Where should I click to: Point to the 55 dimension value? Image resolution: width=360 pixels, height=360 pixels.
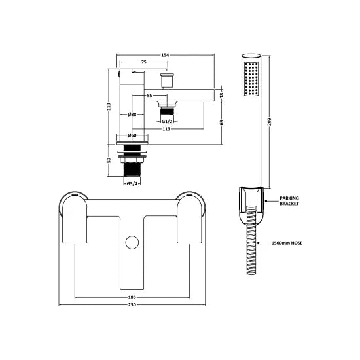click(x=150, y=96)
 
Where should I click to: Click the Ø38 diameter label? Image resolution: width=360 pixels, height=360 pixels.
click(x=132, y=115)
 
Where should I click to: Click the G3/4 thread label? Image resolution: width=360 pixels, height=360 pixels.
click(x=132, y=184)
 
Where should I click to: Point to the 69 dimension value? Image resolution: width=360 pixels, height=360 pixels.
click(x=221, y=122)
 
